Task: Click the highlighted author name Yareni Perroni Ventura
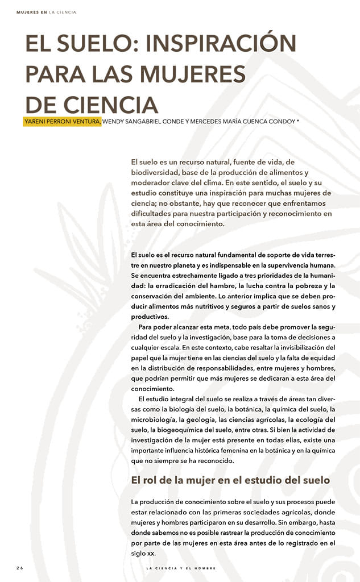click(x=63, y=121)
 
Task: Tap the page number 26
click(x=19, y=568)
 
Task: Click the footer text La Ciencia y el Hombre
click(x=181, y=568)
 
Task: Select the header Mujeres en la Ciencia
click(x=47, y=12)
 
